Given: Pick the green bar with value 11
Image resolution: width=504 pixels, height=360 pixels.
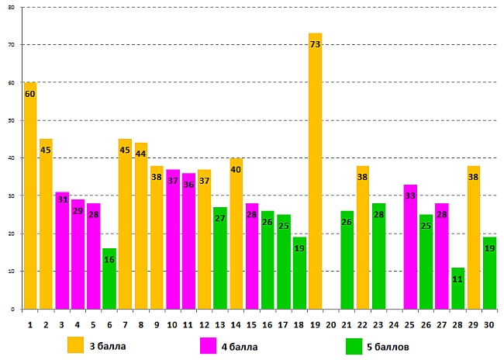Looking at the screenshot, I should coord(457,288).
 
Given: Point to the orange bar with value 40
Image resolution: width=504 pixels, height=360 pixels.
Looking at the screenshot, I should coord(236,233).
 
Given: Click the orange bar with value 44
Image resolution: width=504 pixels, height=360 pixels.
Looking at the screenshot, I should coord(141,225).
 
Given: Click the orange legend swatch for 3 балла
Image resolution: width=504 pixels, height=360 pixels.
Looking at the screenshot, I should coord(76,344).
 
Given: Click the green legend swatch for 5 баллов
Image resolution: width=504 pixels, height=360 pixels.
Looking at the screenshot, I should coord(354,344).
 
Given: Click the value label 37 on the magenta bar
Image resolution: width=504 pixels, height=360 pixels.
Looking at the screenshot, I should coord(172,181).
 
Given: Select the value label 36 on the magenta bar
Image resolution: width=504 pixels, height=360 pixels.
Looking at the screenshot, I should coord(188,185).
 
